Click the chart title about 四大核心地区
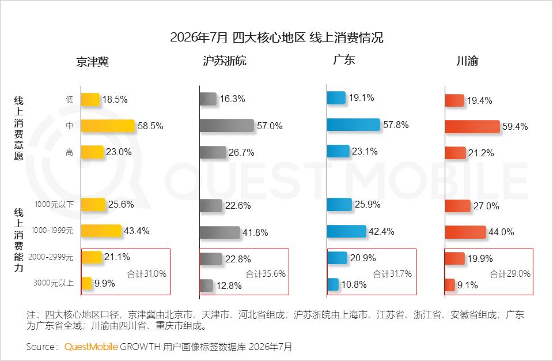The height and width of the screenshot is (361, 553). pos(276,37)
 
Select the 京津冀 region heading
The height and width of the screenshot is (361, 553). pos(92,62)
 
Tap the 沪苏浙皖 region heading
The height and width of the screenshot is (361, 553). pos(225,61)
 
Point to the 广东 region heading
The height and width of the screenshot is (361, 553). pos(344,60)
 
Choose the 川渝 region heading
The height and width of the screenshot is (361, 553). pos(467,61)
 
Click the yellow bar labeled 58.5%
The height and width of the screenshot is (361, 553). pos(108,126)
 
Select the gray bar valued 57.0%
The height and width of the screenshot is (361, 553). pos(227,126)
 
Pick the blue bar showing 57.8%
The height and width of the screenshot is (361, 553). pos(353,125)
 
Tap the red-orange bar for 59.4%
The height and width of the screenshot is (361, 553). pos(472,126)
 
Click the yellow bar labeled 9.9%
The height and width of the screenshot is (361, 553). pos(86,283)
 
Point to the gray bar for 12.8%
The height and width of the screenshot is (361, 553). pos(206,285)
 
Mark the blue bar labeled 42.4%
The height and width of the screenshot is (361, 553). pos(347,231)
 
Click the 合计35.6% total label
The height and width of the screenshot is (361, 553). pos(266,274)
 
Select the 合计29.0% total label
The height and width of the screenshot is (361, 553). pos(510,274)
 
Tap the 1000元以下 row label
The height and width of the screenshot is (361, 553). pos(54,205)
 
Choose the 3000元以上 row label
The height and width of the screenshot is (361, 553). pos(54,283)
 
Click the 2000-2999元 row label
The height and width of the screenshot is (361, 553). pos(51,257)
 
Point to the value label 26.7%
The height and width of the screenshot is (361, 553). pos(241,153)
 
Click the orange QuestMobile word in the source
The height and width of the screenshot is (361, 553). pos(91,347)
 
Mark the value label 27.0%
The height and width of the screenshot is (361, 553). pos(486,206)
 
